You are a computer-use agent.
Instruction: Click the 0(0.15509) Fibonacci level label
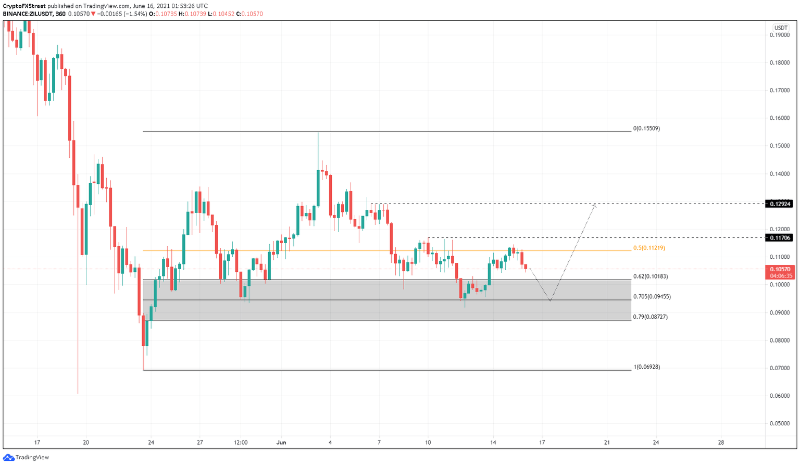click(x=646, y=128)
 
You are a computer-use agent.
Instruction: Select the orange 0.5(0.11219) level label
click(x=649, y=248)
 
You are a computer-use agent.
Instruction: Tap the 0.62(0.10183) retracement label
click(x=651, y=276)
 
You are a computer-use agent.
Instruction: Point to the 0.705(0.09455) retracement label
click(x=652, y=297)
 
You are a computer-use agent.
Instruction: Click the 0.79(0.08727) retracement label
click(x=650, y=317)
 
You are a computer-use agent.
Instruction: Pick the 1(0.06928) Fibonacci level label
click(x=646, y=367)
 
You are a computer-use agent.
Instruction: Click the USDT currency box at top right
click(x=780, y=28)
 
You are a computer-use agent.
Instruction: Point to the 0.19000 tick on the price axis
click(x=779, y=35)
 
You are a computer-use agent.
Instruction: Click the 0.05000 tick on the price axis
click(x=779, y=423)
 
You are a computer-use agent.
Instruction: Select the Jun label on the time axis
click(x=281, y=443)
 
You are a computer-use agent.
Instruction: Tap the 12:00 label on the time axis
click(x=241, y=443)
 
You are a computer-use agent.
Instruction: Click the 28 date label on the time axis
click(x=721, y=443)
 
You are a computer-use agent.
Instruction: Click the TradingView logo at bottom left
click(x=26, y=458)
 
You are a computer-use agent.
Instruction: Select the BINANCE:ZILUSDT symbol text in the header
click(x=27, y=14)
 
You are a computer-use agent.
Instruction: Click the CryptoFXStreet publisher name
click(x=23, y=6)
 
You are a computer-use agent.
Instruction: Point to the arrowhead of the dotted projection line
click(x=595, y=205)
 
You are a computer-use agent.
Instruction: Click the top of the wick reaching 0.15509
click(x=318, y=133)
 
